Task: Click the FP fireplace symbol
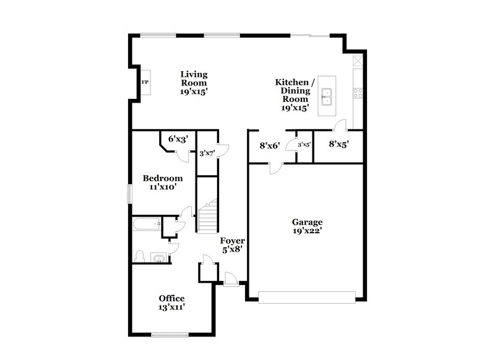144,82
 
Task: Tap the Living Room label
193,82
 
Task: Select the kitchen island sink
329,96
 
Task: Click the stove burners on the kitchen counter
357,93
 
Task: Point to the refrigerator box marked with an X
357,61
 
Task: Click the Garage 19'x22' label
307,226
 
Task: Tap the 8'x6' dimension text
270,146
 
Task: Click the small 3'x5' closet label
304,145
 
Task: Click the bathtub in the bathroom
146,225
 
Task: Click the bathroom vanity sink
160,257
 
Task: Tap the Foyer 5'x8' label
233,245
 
